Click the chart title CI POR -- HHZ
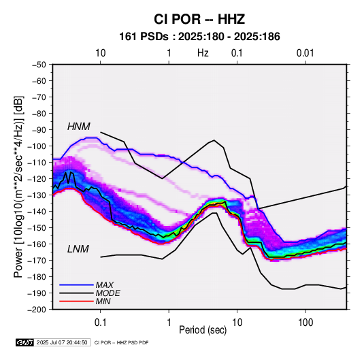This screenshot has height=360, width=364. pyautogui.click(x=199, y=19)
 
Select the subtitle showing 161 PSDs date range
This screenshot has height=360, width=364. pyautogui.click(x=199, y=37)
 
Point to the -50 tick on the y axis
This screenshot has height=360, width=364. pyautogui.click(x=39, y=65)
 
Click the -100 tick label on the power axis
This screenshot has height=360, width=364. pyautogui.click(x=37, y=146)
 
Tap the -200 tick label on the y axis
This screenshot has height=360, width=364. pyautogui.click(x=37, y=310)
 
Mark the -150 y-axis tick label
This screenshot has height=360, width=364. pyautogui.click(x=37, y=227)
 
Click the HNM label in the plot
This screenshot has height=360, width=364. pyautogui.click(x=79, y=127)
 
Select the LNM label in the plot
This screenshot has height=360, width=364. pyautogui.click(x=78, y=249)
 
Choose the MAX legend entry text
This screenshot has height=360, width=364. pyautogui.click(x=105, y=285)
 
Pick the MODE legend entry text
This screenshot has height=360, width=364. pyautogui.click(x=107, y=293)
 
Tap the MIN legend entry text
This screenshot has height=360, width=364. pyautogui.click(x=103, y=301)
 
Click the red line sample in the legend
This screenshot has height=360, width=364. pyautogui.click(x=76, y=301)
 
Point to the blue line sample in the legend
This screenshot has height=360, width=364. pyautogui.click(x=76, y=285)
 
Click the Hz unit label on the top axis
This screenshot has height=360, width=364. pyautogui.click(x=203, y=53)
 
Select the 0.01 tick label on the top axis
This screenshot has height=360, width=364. pyautogui.click(x=305, y=53)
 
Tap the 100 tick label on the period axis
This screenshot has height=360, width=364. pyautogui.click(x=305, y=322)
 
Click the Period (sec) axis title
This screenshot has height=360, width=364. pyautogui.click(x=203, y=330)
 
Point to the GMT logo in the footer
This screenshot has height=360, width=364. pyautogui.click(x=25, y=342)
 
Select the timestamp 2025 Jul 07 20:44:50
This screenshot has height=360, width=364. pyautogui.click(x=62, y=342)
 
